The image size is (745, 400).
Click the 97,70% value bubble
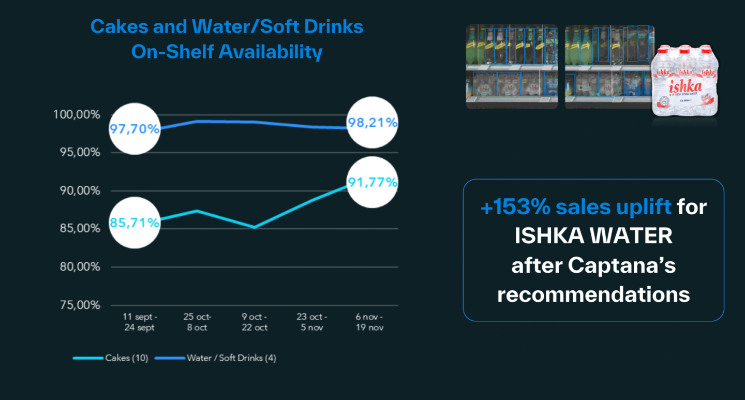(135, 128)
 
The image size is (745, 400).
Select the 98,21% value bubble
(373, 123)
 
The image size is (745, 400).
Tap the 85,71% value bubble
(135, 223)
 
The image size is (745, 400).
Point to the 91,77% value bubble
(373, 182)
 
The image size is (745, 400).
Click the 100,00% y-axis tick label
(77, 114)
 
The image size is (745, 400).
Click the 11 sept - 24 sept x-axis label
(140, 322)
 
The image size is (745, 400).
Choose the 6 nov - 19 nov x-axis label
(369, 322)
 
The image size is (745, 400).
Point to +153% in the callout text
(514, 207)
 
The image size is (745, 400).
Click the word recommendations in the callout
(593, 294)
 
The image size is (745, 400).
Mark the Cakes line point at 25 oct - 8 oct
(197, 211)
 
